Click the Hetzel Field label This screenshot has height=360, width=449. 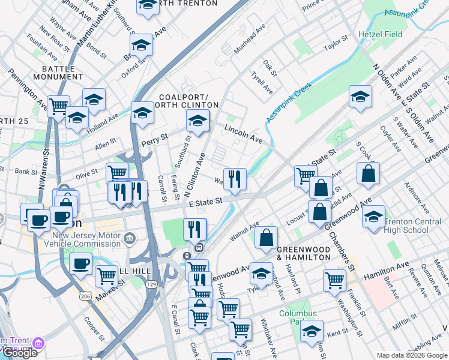click(x=381, y=35)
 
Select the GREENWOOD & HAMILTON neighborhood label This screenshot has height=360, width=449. click(x=303, y=253)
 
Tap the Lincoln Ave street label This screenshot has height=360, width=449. click(x=244, y=134)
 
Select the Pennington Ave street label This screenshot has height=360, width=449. click(x=27, y=91)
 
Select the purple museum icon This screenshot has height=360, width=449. click(x=39, y=344)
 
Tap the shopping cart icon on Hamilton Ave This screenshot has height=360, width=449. click(x=334, y=280)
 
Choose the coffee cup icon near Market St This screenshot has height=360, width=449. click(x=80, y=263)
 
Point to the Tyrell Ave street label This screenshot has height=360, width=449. click(x=262, y=83)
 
